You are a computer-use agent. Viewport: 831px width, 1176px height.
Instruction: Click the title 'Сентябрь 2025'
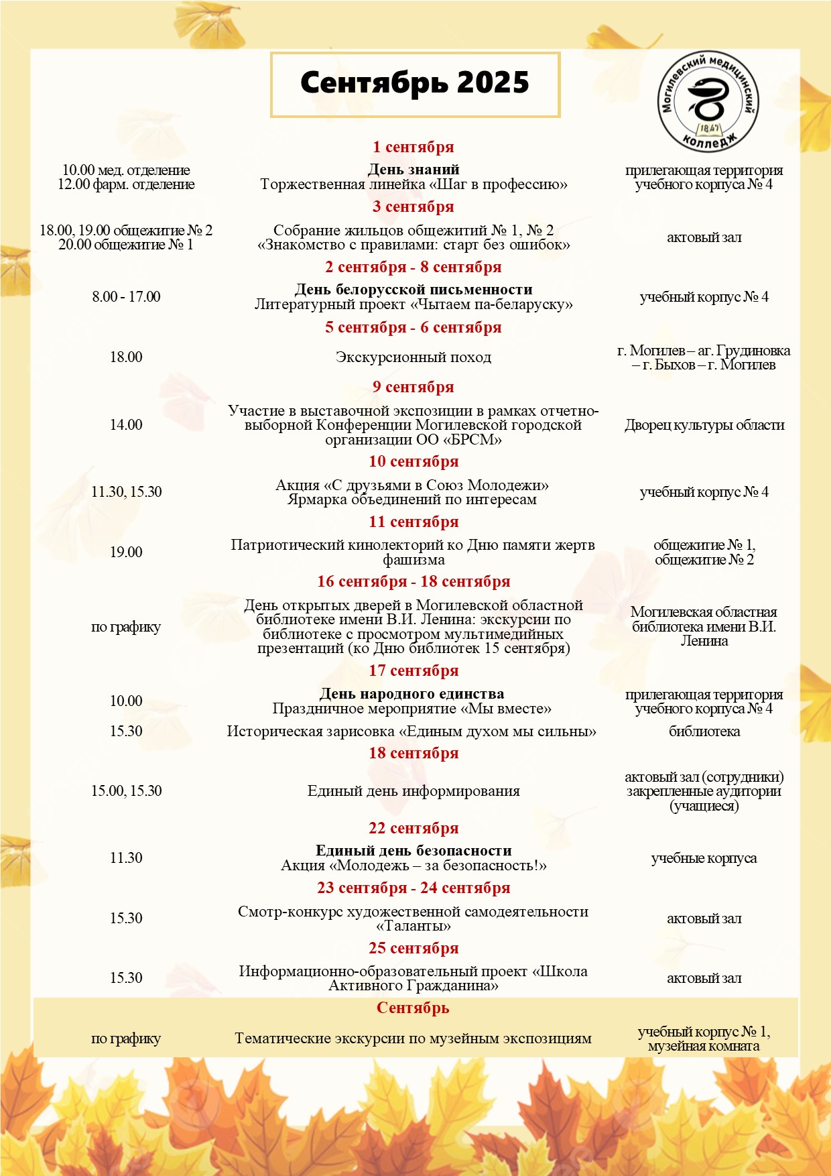414,84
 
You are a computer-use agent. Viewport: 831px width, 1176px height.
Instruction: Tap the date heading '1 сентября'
413,147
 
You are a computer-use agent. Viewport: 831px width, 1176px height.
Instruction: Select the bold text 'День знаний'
413,170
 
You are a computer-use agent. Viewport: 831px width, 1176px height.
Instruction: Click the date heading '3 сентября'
413,207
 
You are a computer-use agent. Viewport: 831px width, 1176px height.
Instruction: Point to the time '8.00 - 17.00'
126,296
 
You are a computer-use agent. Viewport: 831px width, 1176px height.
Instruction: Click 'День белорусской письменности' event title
413,290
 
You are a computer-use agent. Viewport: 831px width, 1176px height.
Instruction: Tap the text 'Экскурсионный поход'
413,357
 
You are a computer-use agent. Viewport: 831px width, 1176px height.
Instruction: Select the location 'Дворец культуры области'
704,425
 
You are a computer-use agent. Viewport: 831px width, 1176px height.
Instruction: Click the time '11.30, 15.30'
126,491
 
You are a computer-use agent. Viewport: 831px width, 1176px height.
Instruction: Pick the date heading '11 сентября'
413,522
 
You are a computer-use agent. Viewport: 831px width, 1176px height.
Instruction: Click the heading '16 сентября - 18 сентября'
413,581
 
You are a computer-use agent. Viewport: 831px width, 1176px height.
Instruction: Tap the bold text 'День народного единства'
411,694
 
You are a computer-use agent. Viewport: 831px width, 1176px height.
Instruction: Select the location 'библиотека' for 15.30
704,731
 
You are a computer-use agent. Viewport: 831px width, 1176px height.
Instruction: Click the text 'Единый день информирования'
413,791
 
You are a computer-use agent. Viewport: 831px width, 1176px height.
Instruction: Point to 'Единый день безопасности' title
413,851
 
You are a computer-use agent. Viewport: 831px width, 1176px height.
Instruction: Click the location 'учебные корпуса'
704,858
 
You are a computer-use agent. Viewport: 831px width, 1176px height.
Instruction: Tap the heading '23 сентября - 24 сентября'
413,888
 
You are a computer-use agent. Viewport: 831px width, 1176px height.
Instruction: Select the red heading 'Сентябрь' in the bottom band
413,1008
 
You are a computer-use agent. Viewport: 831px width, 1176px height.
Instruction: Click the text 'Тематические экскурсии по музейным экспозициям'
413,1039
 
